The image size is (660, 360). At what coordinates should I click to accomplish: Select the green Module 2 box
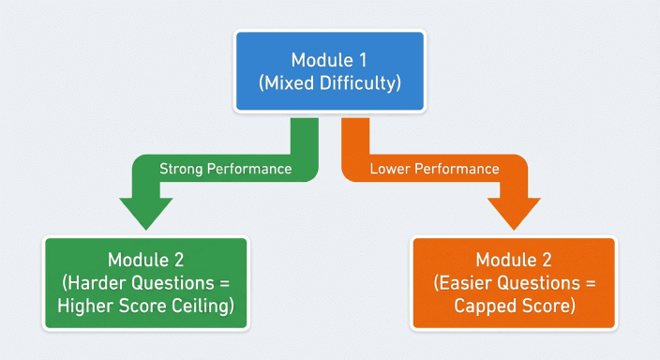(x=145, y=282)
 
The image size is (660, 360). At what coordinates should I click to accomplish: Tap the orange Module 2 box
(x=514, y=282)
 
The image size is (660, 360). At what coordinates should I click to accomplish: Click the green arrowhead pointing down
(x=145, y=214)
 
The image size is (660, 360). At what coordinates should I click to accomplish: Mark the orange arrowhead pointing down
(x=515, y=214)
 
